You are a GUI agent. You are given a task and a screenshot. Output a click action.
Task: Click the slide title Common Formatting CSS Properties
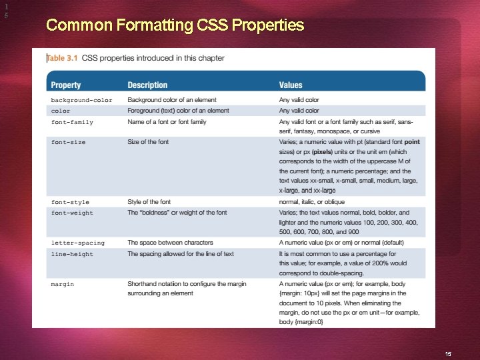click(x=175, y=25)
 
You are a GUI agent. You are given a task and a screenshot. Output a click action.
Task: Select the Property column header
click(x=66, y=85)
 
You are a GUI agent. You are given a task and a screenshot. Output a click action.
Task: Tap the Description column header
click(x=147, y=85)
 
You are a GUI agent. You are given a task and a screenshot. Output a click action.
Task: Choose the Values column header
click(x=291, y=85)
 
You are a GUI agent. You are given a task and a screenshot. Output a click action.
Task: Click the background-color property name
click(x=81, y=100)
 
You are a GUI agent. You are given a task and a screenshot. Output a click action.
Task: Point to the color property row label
click(x=61, y=111)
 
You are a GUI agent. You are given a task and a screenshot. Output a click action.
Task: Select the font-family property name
click(x=72, y=122)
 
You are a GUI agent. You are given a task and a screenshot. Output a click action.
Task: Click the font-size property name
click(x=68, y=142)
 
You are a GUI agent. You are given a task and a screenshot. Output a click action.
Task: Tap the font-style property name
click(x=70, y=202)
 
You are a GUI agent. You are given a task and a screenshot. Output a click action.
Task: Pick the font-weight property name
click(x=72, y=213)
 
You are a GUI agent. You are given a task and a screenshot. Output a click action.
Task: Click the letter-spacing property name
click(x=78, y=243)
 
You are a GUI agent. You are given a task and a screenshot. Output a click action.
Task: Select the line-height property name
click(x=72, y=254)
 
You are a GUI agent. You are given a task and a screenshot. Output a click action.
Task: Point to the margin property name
click(x=63, y=284)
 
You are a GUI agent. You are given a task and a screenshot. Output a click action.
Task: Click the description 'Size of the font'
click(x=148, y=142)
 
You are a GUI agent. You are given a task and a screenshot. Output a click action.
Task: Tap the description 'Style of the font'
click(x=149, y=202)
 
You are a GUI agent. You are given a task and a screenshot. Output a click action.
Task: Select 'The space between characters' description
click(x=170, y=243)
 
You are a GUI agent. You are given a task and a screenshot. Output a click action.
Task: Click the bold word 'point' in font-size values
click(x=412, y=142)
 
